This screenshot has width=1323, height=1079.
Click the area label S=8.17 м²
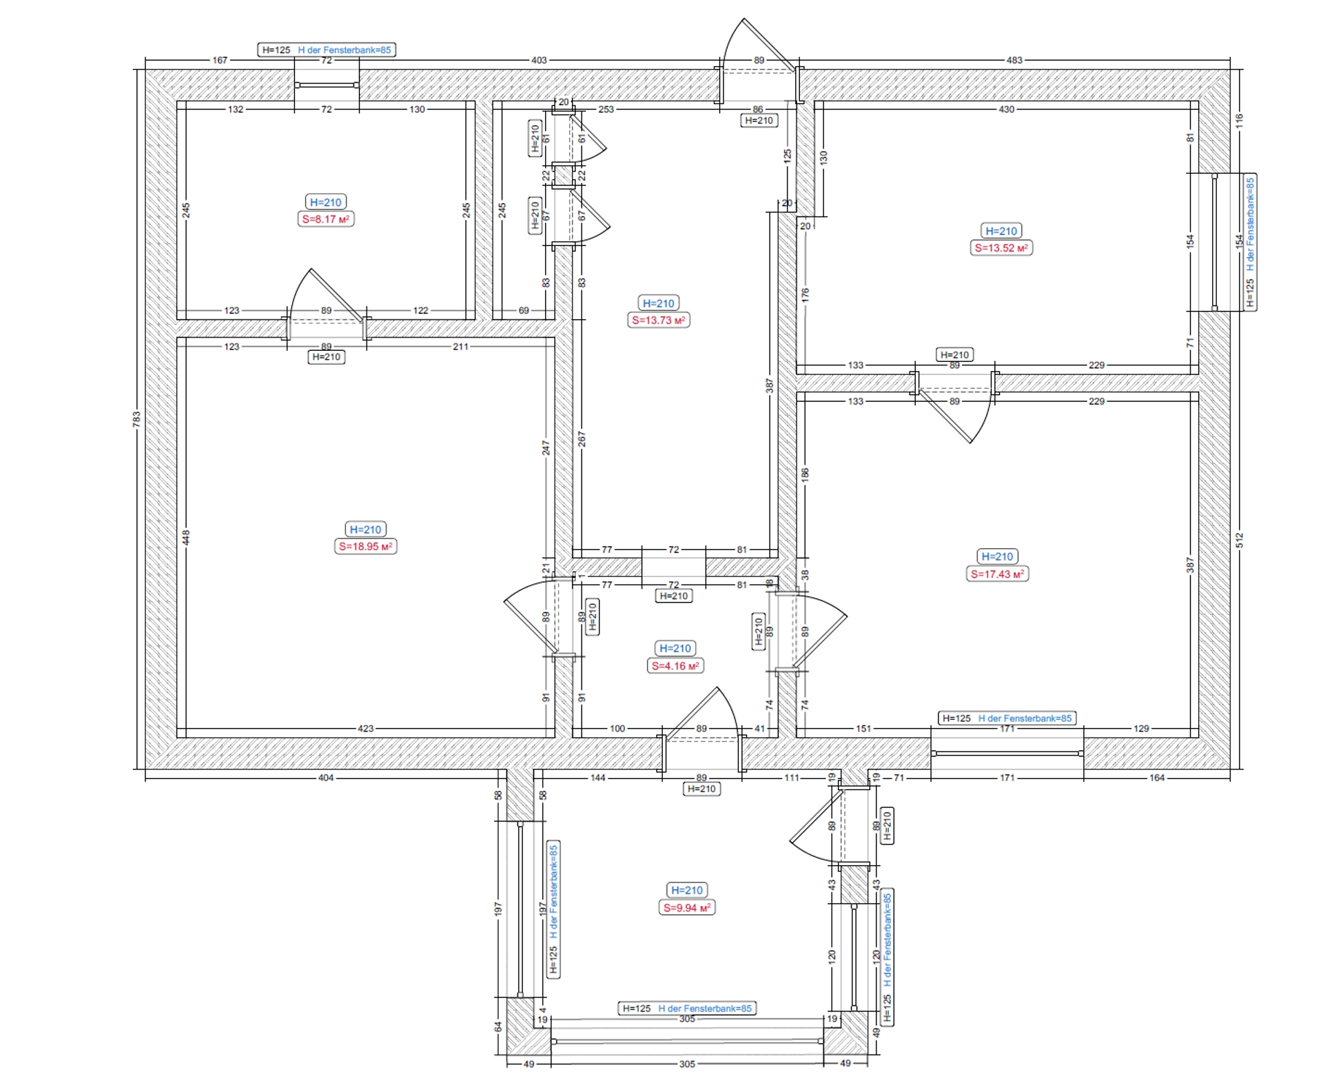pos(325,219)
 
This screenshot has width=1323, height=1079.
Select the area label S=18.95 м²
pos(365,547)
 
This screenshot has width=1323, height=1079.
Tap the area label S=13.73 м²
pos(659,320)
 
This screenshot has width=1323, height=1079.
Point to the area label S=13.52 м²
pos(1001,248)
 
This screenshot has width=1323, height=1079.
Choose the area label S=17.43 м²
pos(997,574)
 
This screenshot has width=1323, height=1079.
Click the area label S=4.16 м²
pos(675,666)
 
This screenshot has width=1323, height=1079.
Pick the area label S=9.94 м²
pos(686,908)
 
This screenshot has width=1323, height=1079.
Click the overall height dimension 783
pos(136,419)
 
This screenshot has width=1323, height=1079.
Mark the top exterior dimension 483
pos(1014,60)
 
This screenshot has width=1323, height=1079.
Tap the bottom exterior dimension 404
pos(325,778)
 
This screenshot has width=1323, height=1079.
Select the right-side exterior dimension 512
pos(1240,540)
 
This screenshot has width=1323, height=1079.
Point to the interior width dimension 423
pos(365,728)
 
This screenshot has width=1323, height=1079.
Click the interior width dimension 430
pos(1006,109)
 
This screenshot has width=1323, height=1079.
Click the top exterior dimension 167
pos(220,60)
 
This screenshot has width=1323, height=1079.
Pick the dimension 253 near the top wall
pos(606,109)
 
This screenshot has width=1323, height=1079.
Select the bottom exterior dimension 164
pos(1156,778)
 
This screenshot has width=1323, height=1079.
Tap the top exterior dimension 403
pos(539,60)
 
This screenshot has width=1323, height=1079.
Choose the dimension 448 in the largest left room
pos(186,537)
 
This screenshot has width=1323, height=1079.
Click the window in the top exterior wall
pos(327,85)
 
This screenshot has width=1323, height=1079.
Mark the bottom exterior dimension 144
pos(597,778)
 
